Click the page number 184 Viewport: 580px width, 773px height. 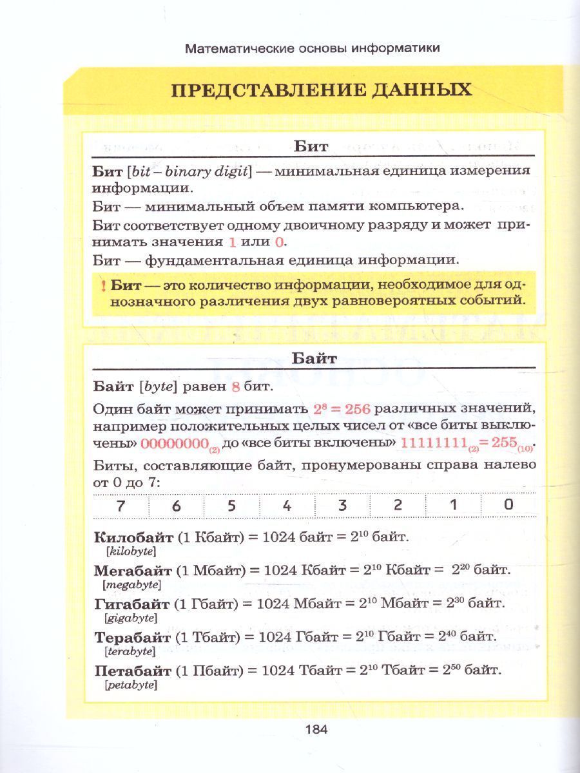(x=316, y=729)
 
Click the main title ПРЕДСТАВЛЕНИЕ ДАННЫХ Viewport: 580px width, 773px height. (x=321, y=90)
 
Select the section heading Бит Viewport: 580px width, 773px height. (x=311, y=146)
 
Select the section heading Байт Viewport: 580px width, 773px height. (x=314, y=358)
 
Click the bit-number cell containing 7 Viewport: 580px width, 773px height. (x=121, y=506)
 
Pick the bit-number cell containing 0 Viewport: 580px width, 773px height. (x=508, y=506)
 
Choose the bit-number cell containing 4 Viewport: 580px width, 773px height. (x=287, y=506)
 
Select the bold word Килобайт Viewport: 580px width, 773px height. (x=134, y=537)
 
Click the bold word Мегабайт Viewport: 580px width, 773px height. (x=133, y=570)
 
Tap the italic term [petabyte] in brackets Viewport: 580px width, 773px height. (x=131, y=685)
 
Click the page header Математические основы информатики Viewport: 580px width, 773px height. (x=313, y=48)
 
